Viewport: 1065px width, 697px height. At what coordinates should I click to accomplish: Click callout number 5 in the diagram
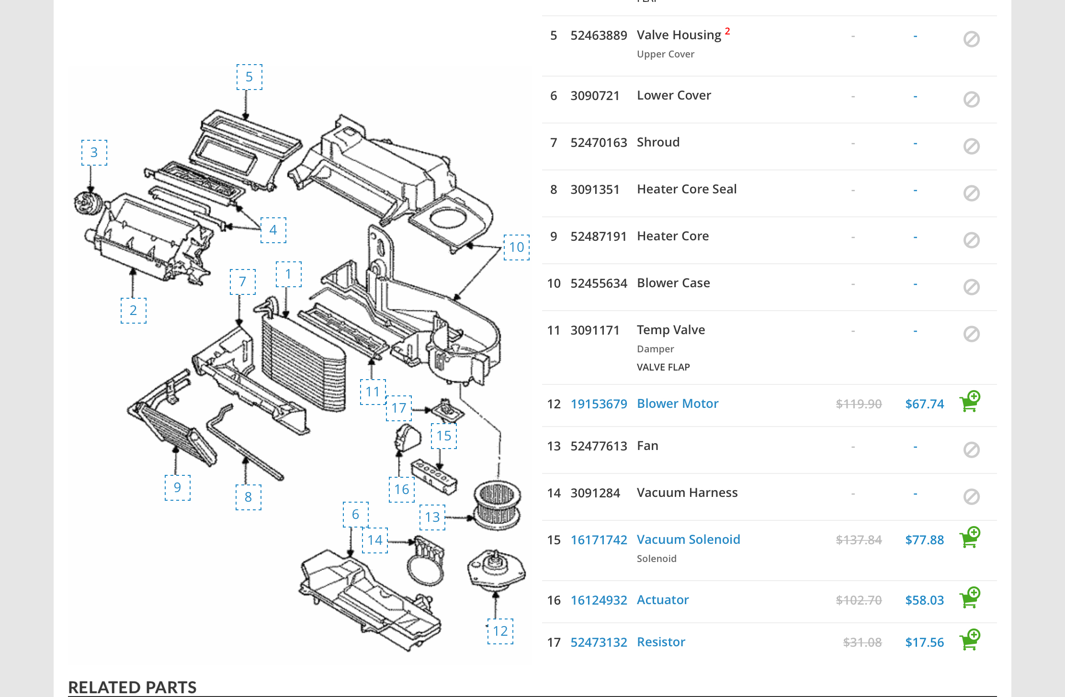249,77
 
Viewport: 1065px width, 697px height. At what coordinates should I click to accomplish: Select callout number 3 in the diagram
94,153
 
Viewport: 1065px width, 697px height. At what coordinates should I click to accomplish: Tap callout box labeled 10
516,247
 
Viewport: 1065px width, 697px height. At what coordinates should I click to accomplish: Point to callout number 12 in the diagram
500,631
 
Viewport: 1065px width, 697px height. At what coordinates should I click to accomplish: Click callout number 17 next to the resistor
398,408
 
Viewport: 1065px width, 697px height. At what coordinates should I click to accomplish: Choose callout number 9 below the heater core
177,488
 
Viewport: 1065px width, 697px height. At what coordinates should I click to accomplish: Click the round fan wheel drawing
497,505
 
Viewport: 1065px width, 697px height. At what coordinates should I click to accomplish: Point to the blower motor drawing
496,570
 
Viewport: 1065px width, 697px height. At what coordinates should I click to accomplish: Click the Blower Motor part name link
677,404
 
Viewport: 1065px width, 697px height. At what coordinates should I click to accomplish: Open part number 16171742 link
599,540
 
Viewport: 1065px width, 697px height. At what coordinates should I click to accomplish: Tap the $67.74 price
924,404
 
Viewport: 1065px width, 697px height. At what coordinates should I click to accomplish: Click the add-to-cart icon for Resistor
969,640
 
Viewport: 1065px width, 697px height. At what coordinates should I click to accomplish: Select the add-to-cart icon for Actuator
969,598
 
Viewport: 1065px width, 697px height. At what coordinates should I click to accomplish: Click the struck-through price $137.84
858,540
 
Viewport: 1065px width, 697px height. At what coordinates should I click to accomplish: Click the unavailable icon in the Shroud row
971,146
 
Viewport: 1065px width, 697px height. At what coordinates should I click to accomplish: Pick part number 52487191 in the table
599,236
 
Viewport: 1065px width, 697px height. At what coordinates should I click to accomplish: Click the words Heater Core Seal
686,189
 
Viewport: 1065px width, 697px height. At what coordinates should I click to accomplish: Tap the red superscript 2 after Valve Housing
727,31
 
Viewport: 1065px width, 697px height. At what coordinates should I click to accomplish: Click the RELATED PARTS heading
132,687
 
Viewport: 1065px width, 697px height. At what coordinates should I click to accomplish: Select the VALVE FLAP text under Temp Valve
663,367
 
